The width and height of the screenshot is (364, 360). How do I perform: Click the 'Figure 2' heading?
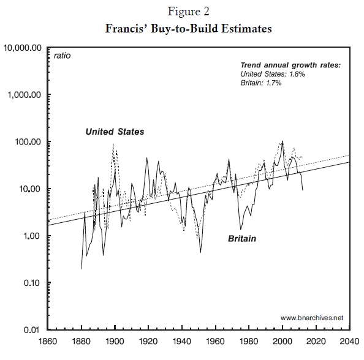tap(189, 12)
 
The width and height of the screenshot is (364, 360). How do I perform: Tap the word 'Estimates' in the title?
tap(246, 29)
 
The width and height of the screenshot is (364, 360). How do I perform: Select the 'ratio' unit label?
tap(62, 56)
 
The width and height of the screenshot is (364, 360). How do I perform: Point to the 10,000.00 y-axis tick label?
tap(23, 48)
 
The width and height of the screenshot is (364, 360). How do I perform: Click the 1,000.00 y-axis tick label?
tap(25, 95)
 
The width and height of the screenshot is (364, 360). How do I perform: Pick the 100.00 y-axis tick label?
tap(28, 141)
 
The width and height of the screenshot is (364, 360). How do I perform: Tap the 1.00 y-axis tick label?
tap(32, 236)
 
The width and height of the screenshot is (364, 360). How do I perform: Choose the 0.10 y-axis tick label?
tap(32, 283)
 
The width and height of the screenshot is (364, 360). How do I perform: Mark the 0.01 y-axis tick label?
tap(32, 330)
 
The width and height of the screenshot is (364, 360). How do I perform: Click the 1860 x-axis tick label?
tap(48, 342)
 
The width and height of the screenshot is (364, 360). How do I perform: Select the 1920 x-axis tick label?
tap(148, 342)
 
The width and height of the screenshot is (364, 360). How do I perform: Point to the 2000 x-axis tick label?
tap(282, 342)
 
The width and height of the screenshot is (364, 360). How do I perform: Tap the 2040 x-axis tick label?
tap(350, 342)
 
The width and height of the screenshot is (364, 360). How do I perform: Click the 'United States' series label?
tap(115, 132)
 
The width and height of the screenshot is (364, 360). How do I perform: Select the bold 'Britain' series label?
tap(242, 239)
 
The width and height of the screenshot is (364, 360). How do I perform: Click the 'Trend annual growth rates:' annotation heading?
tap(290, 65)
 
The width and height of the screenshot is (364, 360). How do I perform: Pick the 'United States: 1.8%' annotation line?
tap(273, 74)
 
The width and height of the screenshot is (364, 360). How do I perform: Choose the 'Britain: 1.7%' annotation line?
tap(261, 83)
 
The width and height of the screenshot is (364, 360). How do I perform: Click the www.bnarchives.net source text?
tap(312, 318)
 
